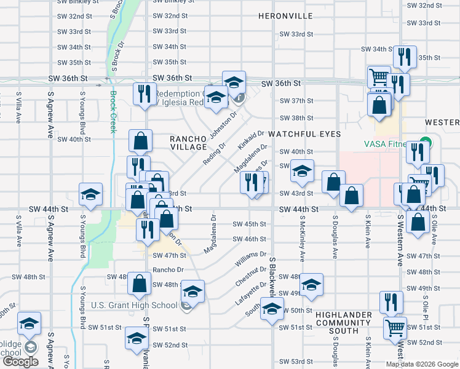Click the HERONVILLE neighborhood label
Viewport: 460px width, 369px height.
[x=285, y=15]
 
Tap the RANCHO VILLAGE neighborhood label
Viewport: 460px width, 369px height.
[x=188, y=143]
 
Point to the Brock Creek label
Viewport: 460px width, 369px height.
[x=113, y=112]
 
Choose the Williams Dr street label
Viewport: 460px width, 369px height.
[x=250, y=258]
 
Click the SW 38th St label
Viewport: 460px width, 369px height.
[x=296, y=117]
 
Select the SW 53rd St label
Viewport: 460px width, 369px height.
[x=296, y=361]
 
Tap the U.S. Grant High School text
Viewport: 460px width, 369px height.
[x=133, y=305]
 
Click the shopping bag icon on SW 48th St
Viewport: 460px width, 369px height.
[x=140, y=284]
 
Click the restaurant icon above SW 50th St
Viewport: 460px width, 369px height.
[x=391, y=301]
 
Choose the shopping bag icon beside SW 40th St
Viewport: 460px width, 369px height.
[x=141, y=141]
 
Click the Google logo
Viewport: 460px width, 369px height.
[x=21, y=362]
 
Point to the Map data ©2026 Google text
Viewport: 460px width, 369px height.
[x=422, y=364]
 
